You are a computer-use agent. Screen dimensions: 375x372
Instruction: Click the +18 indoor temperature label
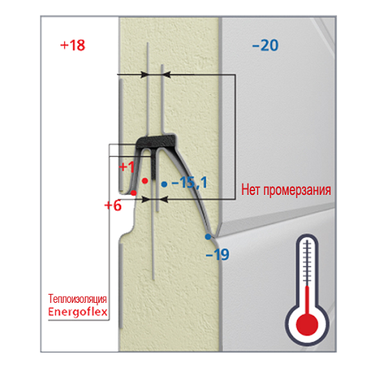(x=73, y=45)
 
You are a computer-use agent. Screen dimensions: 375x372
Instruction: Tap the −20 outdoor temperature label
(x=265, y=45)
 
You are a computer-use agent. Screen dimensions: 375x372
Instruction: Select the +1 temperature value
(x=126, y=167)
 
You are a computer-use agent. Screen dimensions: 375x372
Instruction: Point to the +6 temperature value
(x=113, y=205)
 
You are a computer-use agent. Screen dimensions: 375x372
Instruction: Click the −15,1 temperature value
(x=190, y=182)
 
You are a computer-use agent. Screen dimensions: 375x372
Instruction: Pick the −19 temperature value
(x=217, y=254)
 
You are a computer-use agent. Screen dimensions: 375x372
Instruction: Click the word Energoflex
(x=78, y=312)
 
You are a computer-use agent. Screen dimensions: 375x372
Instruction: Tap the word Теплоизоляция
(x=77, y=299)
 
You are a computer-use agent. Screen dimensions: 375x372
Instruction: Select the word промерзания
(x=297, y=190)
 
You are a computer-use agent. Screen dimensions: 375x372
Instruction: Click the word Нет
(x=251, y=190)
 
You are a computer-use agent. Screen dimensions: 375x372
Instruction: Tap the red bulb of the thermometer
(x=307, y=324)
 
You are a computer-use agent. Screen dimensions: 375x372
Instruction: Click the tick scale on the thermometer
(x=307, y=263)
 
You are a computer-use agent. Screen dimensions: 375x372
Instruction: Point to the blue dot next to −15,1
(x=164, y=185)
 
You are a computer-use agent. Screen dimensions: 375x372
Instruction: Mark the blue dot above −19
(x=208, y=237)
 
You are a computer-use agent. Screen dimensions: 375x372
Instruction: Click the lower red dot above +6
(x=134, y=193)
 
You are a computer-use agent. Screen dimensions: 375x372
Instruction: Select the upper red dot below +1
(x=145, y=181)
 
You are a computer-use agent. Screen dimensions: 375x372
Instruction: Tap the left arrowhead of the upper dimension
(x=144, y=74)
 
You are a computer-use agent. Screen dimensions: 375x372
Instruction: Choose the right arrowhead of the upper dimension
(x=167, y=74)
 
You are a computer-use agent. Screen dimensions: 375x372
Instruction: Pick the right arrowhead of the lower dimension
(x=164, y=199)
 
